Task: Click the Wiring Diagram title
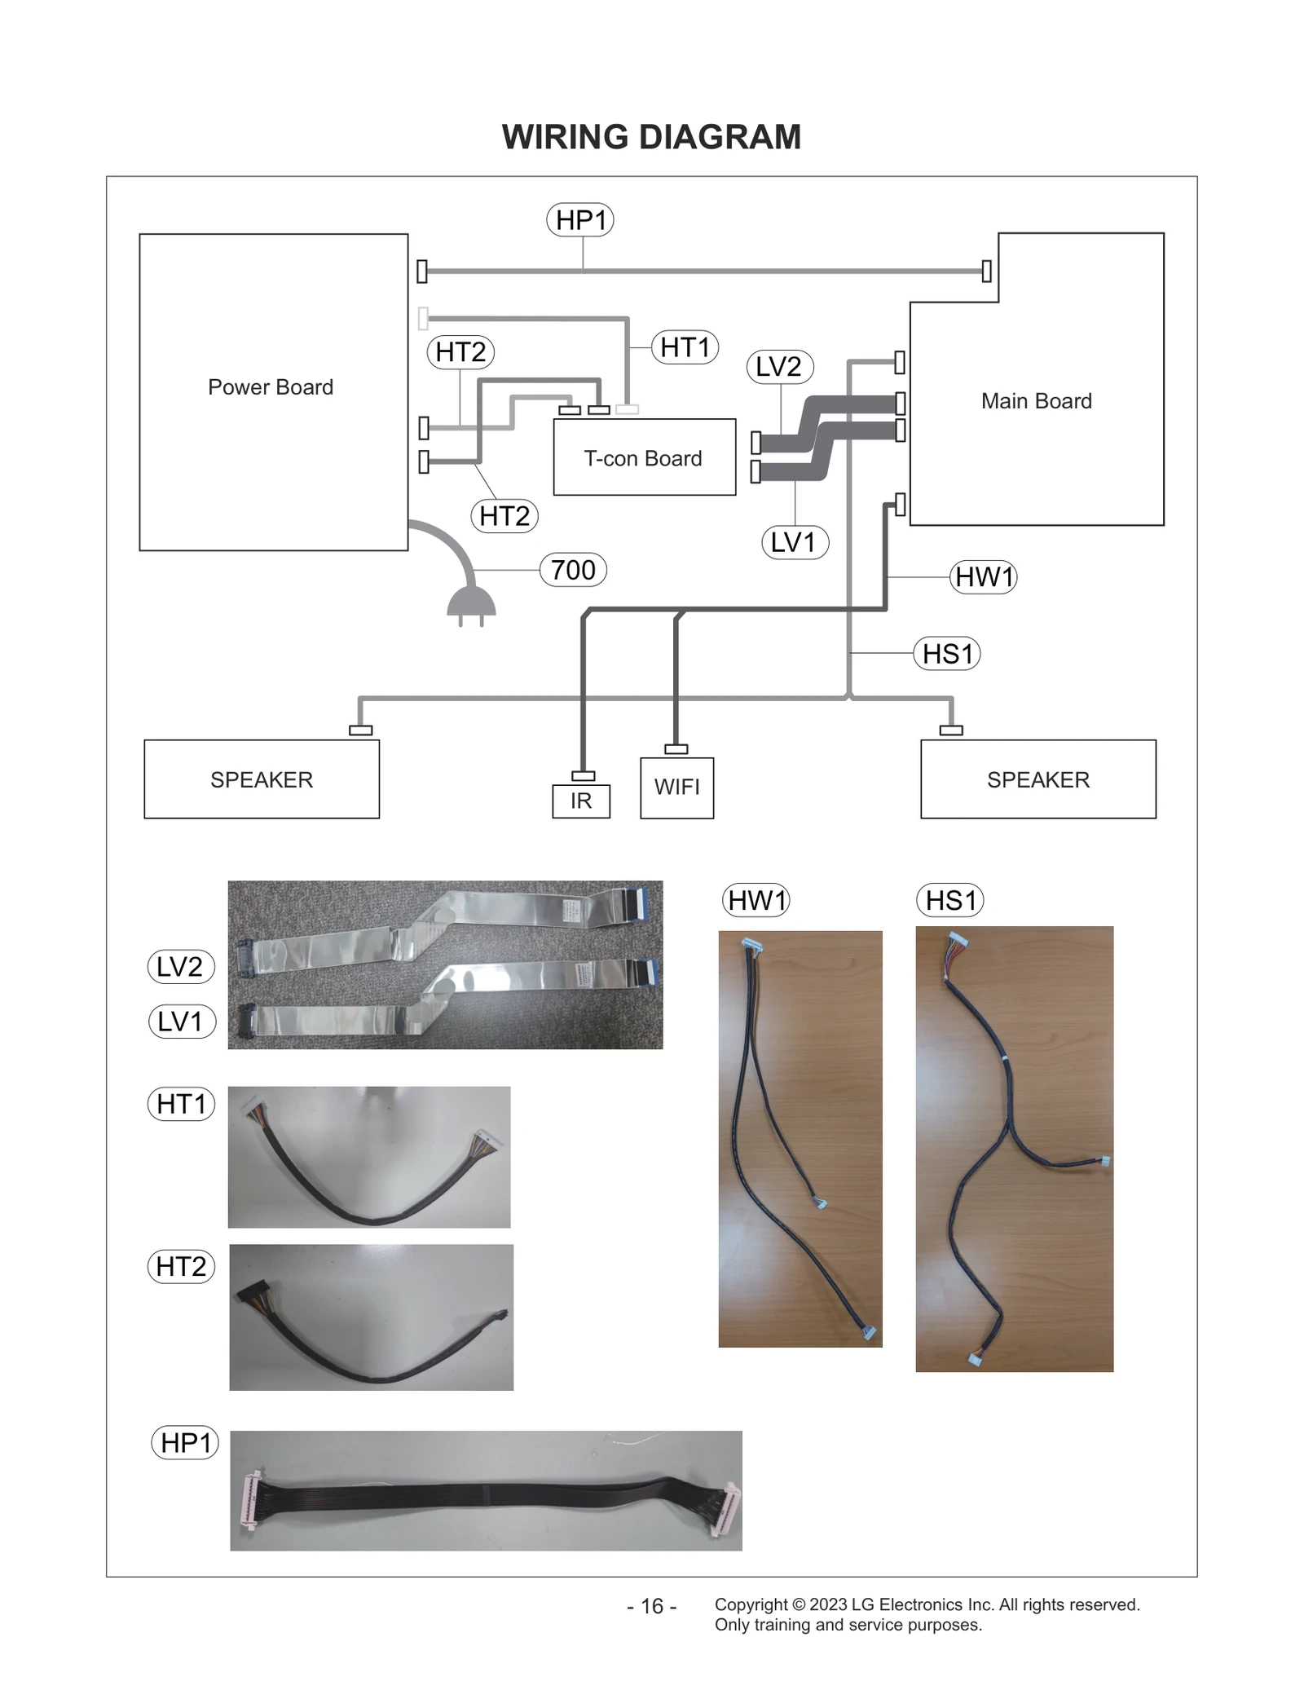(651, 137)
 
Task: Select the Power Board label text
(271, 387)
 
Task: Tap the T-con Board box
(644, 458)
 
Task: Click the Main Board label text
(1036, 401)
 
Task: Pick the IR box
(581, 801)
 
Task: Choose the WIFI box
(676, 788)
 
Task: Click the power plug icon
(471, 603)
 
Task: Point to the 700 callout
(573, 570)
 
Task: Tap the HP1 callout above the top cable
(579, 220)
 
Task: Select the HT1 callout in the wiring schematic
(685, 347)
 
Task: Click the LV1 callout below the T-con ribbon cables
(795, 542)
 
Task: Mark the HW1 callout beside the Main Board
(984, 577)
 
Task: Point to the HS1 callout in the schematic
(947, 654)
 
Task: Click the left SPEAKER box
(262, 779)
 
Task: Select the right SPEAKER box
(1037, 779)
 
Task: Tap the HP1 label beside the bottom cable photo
(185, 1443)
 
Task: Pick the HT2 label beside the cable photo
(181, 1266)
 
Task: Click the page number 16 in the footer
(652, 1607)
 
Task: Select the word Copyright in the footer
(751, 1604)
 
